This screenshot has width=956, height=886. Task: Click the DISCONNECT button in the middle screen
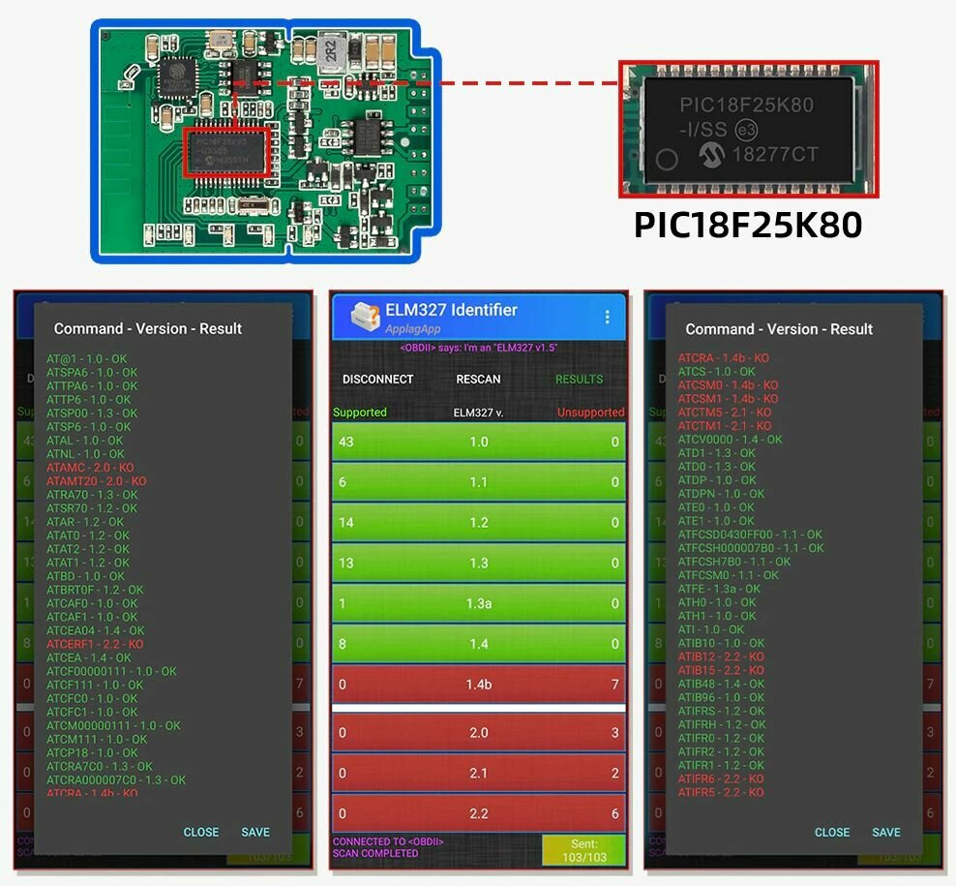(x=377, y=379)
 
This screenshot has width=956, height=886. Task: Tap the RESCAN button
(x=478, y=379)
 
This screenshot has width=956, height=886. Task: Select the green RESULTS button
(x=579, y=379)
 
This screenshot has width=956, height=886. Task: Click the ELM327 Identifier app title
(x=451, y=310)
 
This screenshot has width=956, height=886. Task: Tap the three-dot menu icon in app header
(x=607, y=317)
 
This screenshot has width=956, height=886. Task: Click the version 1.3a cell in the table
(x=478, y=603)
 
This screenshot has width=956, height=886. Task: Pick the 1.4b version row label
(x=478, y=685)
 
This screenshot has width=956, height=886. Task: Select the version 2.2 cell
(x=478, y=813)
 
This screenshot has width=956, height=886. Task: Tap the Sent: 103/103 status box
(x=583, y=851)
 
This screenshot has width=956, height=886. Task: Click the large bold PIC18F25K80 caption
(x=747, y=225)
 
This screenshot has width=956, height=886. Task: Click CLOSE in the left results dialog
(x=201, y=832)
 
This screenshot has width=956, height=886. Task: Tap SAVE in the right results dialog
(x=886, y=832)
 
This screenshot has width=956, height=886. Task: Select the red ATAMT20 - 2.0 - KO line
(x=97, y=481)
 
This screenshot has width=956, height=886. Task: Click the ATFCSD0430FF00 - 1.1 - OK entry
(x=750, y=535)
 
